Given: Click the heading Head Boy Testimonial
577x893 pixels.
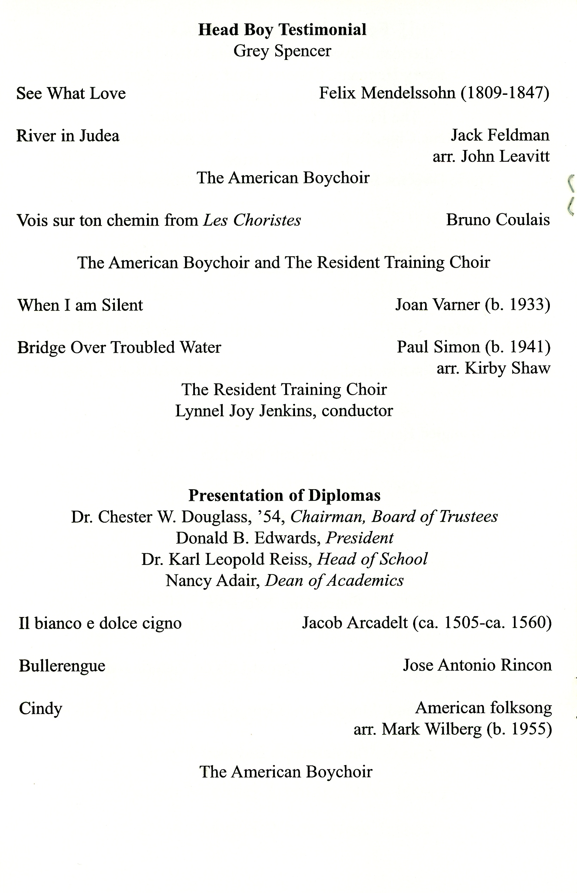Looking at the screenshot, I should [282, 30].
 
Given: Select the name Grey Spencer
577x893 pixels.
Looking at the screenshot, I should [282, 51].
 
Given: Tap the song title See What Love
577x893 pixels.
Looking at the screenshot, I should [71, 93].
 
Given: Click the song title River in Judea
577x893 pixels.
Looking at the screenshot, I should [68, 136].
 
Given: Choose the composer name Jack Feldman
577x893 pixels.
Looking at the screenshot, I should [500, 135].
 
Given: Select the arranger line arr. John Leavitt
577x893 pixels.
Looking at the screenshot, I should [491, 156].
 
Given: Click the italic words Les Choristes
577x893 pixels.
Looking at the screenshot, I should [252, 220].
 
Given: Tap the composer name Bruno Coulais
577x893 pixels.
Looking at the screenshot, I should [498, 220].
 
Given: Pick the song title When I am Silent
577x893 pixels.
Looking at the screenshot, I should [80, 305].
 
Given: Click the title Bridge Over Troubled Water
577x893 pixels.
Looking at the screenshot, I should [119, 347].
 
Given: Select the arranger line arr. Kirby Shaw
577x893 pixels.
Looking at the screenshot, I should [493, 368].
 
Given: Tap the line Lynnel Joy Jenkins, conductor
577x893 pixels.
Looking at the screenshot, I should [284, 411].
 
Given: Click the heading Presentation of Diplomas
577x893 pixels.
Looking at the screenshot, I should [284, 495].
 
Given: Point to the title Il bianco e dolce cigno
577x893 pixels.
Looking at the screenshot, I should [100, 623].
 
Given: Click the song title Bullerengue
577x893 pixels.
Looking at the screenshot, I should [62, 666].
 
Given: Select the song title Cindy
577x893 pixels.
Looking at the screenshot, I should [41, 708].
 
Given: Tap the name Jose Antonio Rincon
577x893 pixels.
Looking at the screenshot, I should [477, 665].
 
